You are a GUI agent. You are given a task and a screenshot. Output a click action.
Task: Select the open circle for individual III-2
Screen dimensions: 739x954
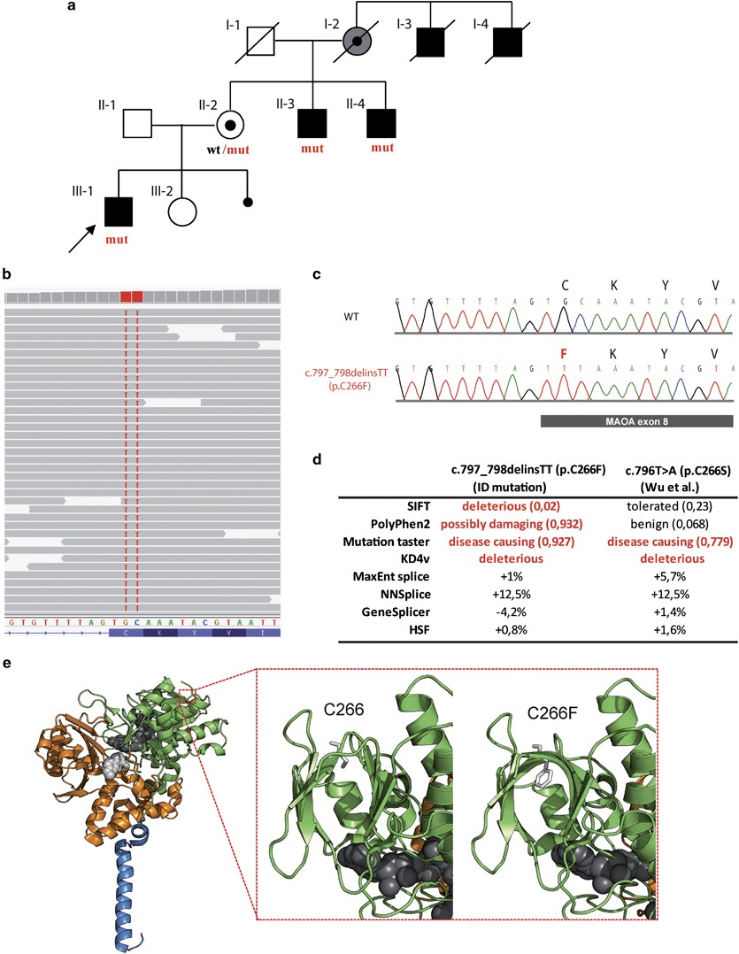(181, 212)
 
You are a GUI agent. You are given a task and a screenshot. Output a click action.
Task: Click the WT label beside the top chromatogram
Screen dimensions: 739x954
(351, 314)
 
